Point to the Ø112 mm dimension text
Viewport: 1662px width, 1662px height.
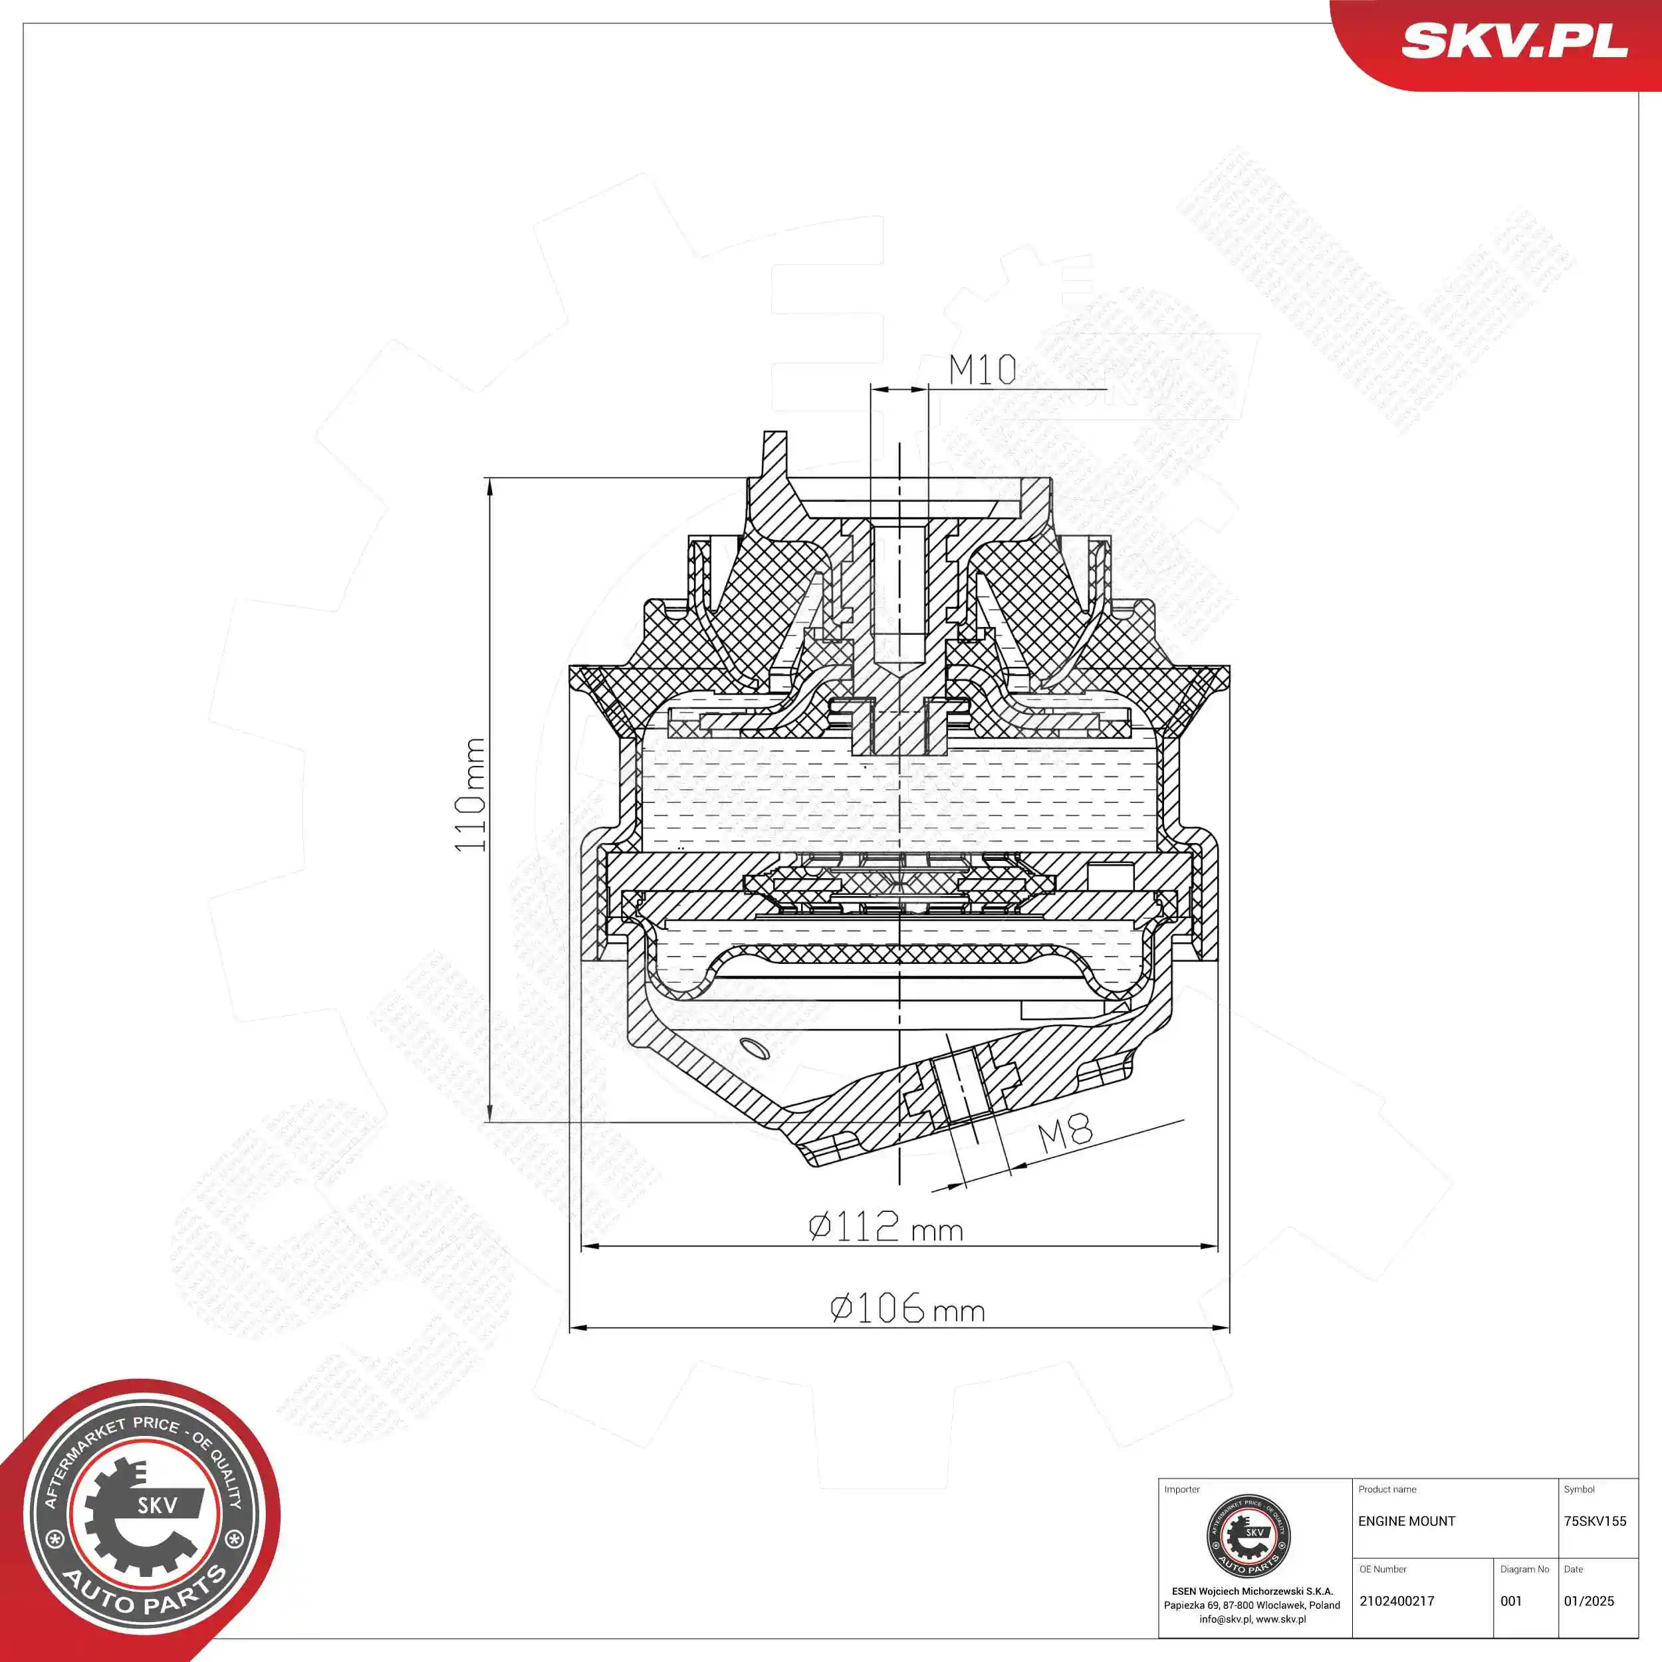(886, 1227)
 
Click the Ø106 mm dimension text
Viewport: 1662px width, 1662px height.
(907, 1308)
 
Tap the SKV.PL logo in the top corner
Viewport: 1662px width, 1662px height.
(1514, 41)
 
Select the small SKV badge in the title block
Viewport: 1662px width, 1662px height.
(1248, 1536)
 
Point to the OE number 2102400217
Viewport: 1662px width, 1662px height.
(1397, 1601)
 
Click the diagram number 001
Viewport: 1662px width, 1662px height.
(1512, 1601)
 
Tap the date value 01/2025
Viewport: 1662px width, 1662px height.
(1589, 1601)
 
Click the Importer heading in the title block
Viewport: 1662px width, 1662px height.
(1181, 1489)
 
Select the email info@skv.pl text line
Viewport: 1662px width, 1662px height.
(1252, 1619)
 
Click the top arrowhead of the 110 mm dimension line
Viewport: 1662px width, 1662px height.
(489, 487)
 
